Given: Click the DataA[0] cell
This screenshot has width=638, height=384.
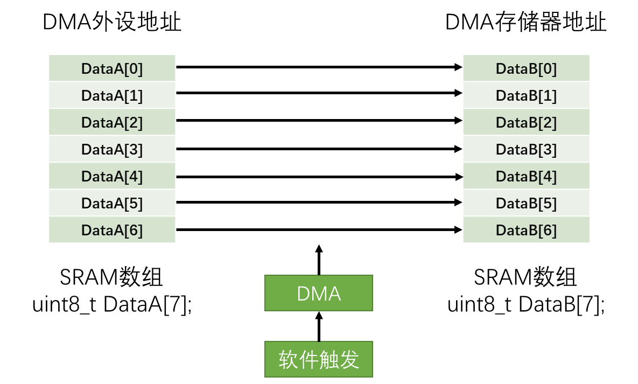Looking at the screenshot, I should [112, 68].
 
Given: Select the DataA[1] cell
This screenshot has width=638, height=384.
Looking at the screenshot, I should [112, 95].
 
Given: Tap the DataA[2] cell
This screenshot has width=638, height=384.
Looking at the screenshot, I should [112, 122].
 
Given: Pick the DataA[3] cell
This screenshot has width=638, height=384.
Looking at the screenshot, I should [112, 149].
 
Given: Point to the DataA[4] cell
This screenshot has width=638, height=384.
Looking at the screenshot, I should [112, 176].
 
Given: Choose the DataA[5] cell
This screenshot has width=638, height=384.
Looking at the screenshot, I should [112, 203].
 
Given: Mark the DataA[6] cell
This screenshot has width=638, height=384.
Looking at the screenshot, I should [112, 230].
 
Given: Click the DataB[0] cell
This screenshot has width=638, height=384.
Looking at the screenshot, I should [526, 68].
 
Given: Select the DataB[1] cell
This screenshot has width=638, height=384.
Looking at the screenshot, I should [526, 95].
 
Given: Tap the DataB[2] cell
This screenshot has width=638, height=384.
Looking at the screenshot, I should [526, 122].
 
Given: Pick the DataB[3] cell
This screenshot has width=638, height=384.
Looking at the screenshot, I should [526, 149].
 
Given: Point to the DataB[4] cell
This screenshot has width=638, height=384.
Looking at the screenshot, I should [526, 176].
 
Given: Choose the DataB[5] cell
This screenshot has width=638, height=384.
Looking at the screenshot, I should [526, 203].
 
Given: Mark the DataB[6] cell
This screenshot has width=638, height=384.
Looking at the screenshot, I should [526, 230].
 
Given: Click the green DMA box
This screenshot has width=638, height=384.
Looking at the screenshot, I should [318, 293].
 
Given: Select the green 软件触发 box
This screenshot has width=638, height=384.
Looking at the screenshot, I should [318, 359].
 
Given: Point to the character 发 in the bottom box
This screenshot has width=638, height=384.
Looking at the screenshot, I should [349, 360].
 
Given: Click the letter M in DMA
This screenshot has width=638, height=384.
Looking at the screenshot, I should [319, 294].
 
